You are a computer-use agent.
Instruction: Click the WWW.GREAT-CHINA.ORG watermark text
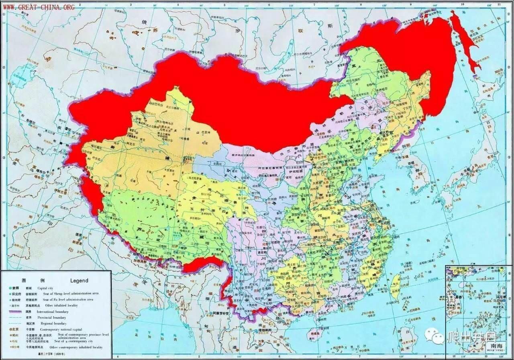pyautogui.click(x=39, y=7)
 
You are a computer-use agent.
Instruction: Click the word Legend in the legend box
pyautogui.click(x=79, y=280)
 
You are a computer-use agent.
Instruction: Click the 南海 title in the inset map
pyautogui.click(x=494, y=345)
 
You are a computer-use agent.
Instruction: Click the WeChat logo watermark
pyautogui.click(x=434, y=335)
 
